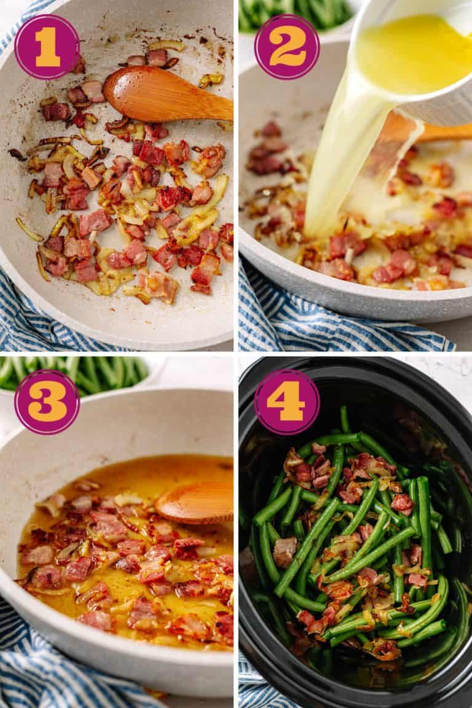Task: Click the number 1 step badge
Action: [47, 47]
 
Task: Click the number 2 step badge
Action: [287, 47]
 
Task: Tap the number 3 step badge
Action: [47, 402]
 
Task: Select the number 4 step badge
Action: [287, 402]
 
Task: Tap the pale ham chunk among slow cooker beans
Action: [284, 550]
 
